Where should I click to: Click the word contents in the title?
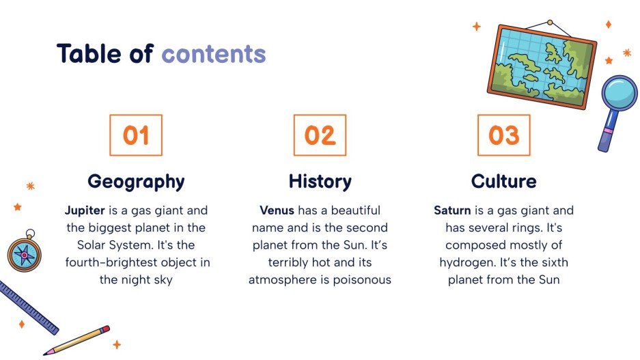pyautogui.click(x=213, y=54)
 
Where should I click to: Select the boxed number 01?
pyautogui.click(x=136, y=135)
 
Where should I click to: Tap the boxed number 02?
pyautogui.click(x=320, y=135)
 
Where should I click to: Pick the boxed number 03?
pyautogui.click(x=503, y=135)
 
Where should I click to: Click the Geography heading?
pyautogui.click(x=136, y=182)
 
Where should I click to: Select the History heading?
pyautogui.click(x=320, y=182)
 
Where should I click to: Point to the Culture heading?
pyautogui.click(x=503, y=182)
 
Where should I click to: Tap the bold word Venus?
pyautogui.click(x=277, y=210)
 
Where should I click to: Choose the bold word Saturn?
pyautogui.click(x=452, y=210)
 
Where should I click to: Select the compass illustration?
pyautogui.click(x=24, y=253)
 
